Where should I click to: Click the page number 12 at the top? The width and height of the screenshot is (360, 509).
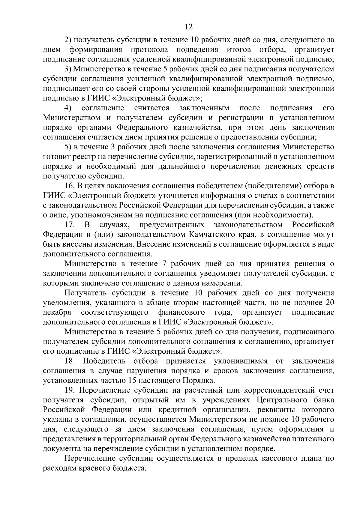click(189, 27)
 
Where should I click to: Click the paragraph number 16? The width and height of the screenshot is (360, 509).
click(69, 186)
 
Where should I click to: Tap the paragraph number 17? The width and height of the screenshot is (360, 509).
click(70, 225)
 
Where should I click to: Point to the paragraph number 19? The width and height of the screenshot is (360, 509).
click(70, 390)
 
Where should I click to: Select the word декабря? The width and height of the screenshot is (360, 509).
click(57, 312)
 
